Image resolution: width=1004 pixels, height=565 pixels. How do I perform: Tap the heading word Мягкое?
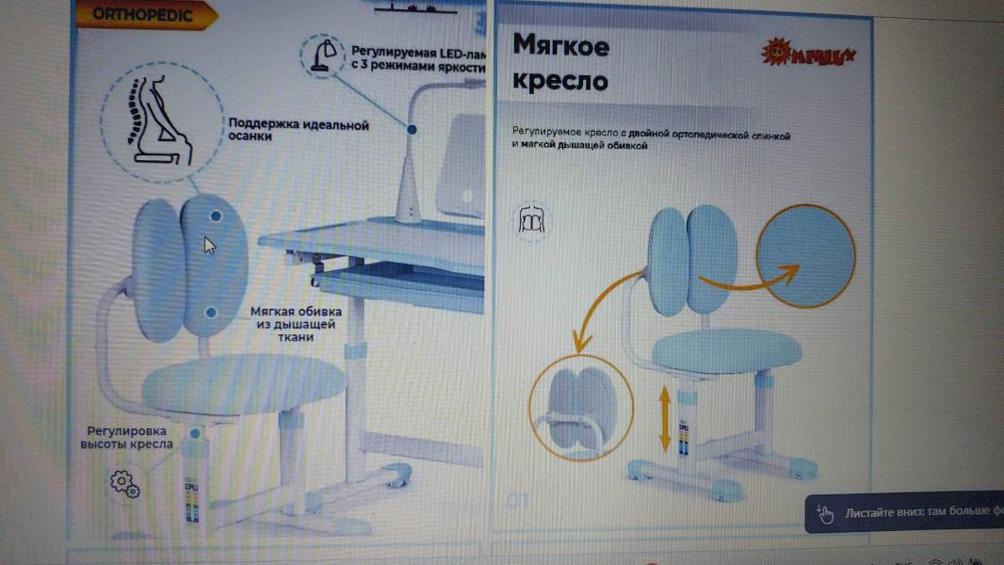coord(560,45)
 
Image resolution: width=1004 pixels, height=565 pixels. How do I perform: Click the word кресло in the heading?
coord(559,81)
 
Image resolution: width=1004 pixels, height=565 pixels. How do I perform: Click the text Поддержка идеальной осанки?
coord(298,130)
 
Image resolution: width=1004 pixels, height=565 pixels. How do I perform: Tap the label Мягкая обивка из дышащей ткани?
coord(296,324)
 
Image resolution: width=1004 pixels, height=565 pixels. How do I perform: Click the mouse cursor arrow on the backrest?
coord(209,245)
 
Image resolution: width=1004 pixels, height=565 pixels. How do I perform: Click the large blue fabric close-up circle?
coord(805,255)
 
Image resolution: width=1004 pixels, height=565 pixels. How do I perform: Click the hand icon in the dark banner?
coord(825,514)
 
